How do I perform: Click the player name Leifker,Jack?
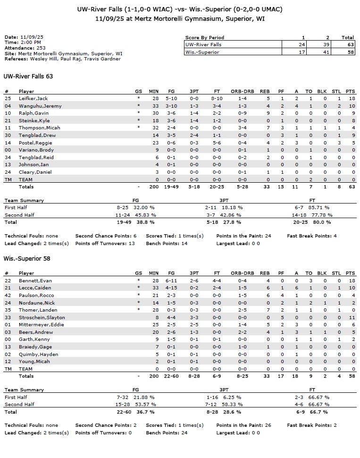point(33,98)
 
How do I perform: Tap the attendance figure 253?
point(42,48)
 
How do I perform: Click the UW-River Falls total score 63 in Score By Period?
point(348,44)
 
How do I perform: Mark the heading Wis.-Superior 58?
point(27,259)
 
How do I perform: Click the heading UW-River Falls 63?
point(28,76)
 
